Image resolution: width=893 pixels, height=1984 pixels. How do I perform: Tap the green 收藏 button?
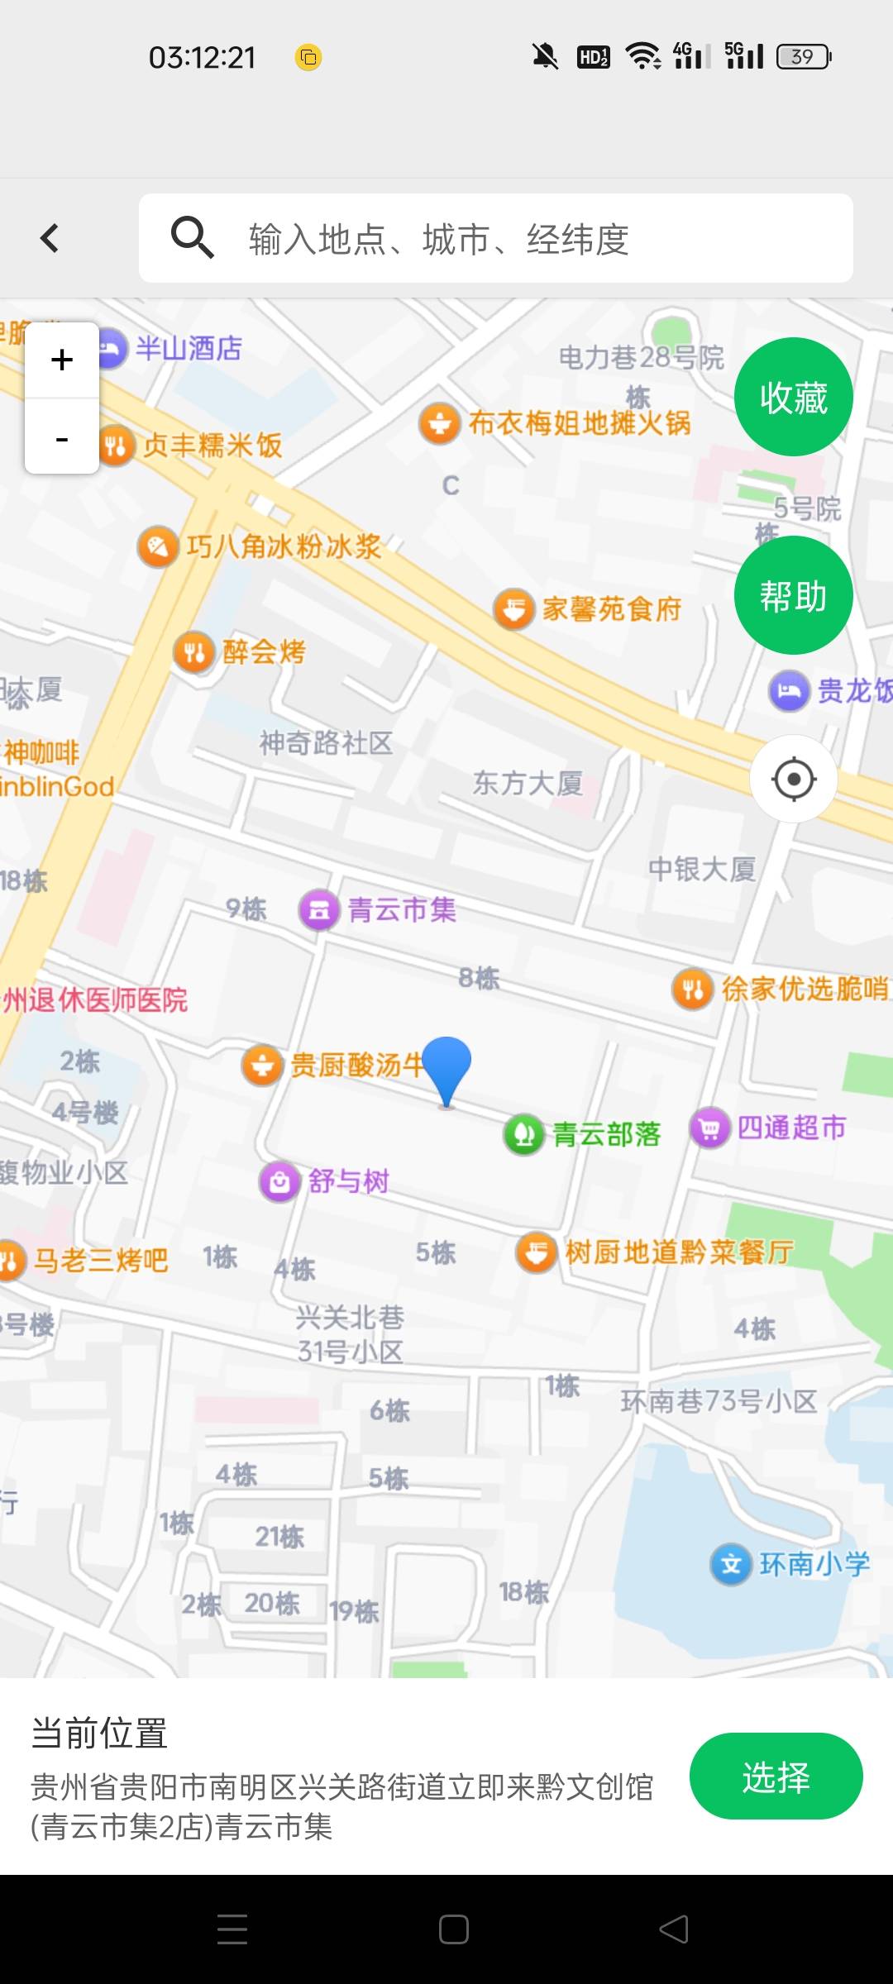click(x=793, y=398)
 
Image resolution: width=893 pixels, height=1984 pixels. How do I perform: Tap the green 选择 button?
click(x=776, y=1777)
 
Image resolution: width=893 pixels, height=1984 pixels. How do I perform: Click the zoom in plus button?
click(x=62, y=360)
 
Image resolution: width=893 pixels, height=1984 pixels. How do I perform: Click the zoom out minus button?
click(x=62, y=437)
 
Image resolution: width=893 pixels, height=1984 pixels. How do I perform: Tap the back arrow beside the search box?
click(x=50, y=238)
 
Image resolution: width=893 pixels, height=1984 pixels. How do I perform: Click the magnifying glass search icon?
click(x=192, y=238)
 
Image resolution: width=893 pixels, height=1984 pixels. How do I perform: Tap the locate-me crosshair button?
click(x=794, y=779)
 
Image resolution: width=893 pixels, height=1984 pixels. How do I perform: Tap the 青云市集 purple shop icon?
click(x=319, y=910)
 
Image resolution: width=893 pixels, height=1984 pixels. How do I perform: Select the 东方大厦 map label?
click(x=528, y=783)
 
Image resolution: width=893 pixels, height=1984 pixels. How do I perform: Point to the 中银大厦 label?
click(x=701, y=869)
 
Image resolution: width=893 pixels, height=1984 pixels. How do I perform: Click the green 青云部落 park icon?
click(x=523, y=1134)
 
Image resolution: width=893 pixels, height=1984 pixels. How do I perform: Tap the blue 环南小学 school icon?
click(x=731, y=1564)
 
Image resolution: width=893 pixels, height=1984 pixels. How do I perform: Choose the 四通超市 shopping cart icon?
click(x=709, y=1128)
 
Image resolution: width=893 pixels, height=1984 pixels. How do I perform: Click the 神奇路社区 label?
click(x=326, y=742)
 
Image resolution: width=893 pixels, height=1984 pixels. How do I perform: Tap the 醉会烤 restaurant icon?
click(x=194, y=651)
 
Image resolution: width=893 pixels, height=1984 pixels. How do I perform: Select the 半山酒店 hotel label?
click(x=189, y=348)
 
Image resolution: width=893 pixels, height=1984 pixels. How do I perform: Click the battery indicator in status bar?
click(x=803, y=57)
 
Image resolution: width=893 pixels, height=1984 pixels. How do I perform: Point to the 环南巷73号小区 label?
click(x=719, y=1400)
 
